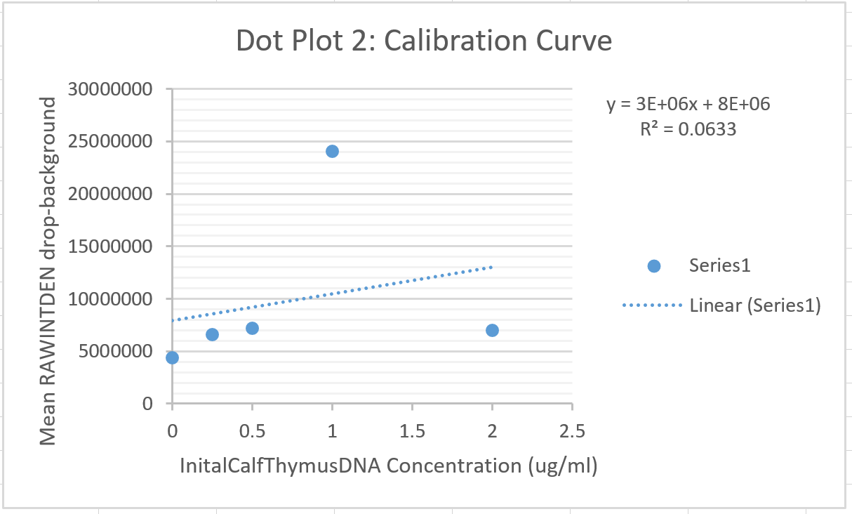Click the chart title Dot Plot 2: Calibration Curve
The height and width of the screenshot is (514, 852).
tap(424, 41)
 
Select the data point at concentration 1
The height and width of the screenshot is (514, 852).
tap(332, 151)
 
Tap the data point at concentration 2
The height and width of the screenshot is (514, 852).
tap(492, 330)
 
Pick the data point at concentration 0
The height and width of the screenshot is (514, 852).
tap(172, 357)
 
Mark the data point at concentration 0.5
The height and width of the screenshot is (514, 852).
tap(252, 328)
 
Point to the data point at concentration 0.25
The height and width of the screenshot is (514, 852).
tap(212, 334)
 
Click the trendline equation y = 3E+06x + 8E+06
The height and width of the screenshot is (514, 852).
tap(688, 105)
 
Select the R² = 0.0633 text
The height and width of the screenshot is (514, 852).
tap(688, 128)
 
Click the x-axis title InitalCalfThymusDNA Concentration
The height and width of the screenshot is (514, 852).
tap(388, 466)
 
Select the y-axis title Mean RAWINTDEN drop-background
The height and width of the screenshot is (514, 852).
tap(47, 271)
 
